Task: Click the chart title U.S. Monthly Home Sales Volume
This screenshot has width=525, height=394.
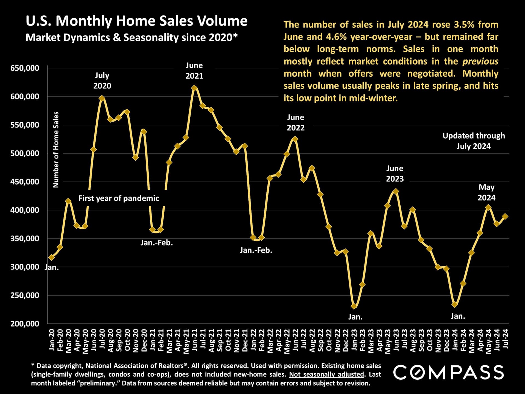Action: (136, 21)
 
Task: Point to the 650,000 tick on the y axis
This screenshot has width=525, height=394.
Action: (25, 68)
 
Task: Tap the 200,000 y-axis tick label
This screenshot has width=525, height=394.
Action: (25, 324)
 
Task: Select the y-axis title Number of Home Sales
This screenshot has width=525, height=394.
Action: (56, 149)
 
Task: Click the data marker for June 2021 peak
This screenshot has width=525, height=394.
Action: (194, 88)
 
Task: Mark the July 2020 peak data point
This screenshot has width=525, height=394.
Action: (102, 98)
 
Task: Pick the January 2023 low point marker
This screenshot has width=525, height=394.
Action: (354, 306)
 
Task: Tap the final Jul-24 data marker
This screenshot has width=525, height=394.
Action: (505, 216)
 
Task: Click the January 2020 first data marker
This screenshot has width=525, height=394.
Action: (51, 257)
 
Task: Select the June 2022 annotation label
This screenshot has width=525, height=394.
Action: (296, 122)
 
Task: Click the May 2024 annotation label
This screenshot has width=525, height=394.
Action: (486, 192)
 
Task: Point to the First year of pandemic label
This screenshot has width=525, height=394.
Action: (119, 198)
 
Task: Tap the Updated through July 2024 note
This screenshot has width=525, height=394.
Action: (474, 141)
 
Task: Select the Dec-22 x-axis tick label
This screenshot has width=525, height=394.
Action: (346, 340)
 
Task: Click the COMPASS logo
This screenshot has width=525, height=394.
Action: (448, 372)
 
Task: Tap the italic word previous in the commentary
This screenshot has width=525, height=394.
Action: (480, 61)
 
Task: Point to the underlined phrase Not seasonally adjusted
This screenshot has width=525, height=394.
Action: (327, 374)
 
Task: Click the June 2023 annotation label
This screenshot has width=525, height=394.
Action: (395, 173)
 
